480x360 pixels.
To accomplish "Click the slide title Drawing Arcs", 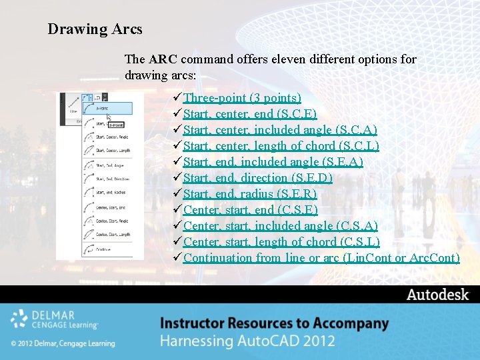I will [x=95, y=29].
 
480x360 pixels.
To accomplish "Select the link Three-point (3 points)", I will [x=242, y=98].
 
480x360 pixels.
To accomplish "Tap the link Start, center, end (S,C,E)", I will [x=249, y=114].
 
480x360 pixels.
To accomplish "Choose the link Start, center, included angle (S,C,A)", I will [x=280, y=130].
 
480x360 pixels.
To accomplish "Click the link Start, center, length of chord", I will [x=281, y=146].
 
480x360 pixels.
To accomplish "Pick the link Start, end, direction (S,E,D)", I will [x=257, y=178].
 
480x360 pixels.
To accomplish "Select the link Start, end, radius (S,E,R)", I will [x=249, y=194].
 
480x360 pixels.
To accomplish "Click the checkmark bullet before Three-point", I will [x=177, y=98].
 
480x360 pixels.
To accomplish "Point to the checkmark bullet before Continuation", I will [x=177, y=258].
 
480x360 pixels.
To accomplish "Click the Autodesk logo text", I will [x=438, y=295].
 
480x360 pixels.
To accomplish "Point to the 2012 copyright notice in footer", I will [x=63, y=343].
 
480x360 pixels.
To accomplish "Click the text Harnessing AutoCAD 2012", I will [x=247, y=341].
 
